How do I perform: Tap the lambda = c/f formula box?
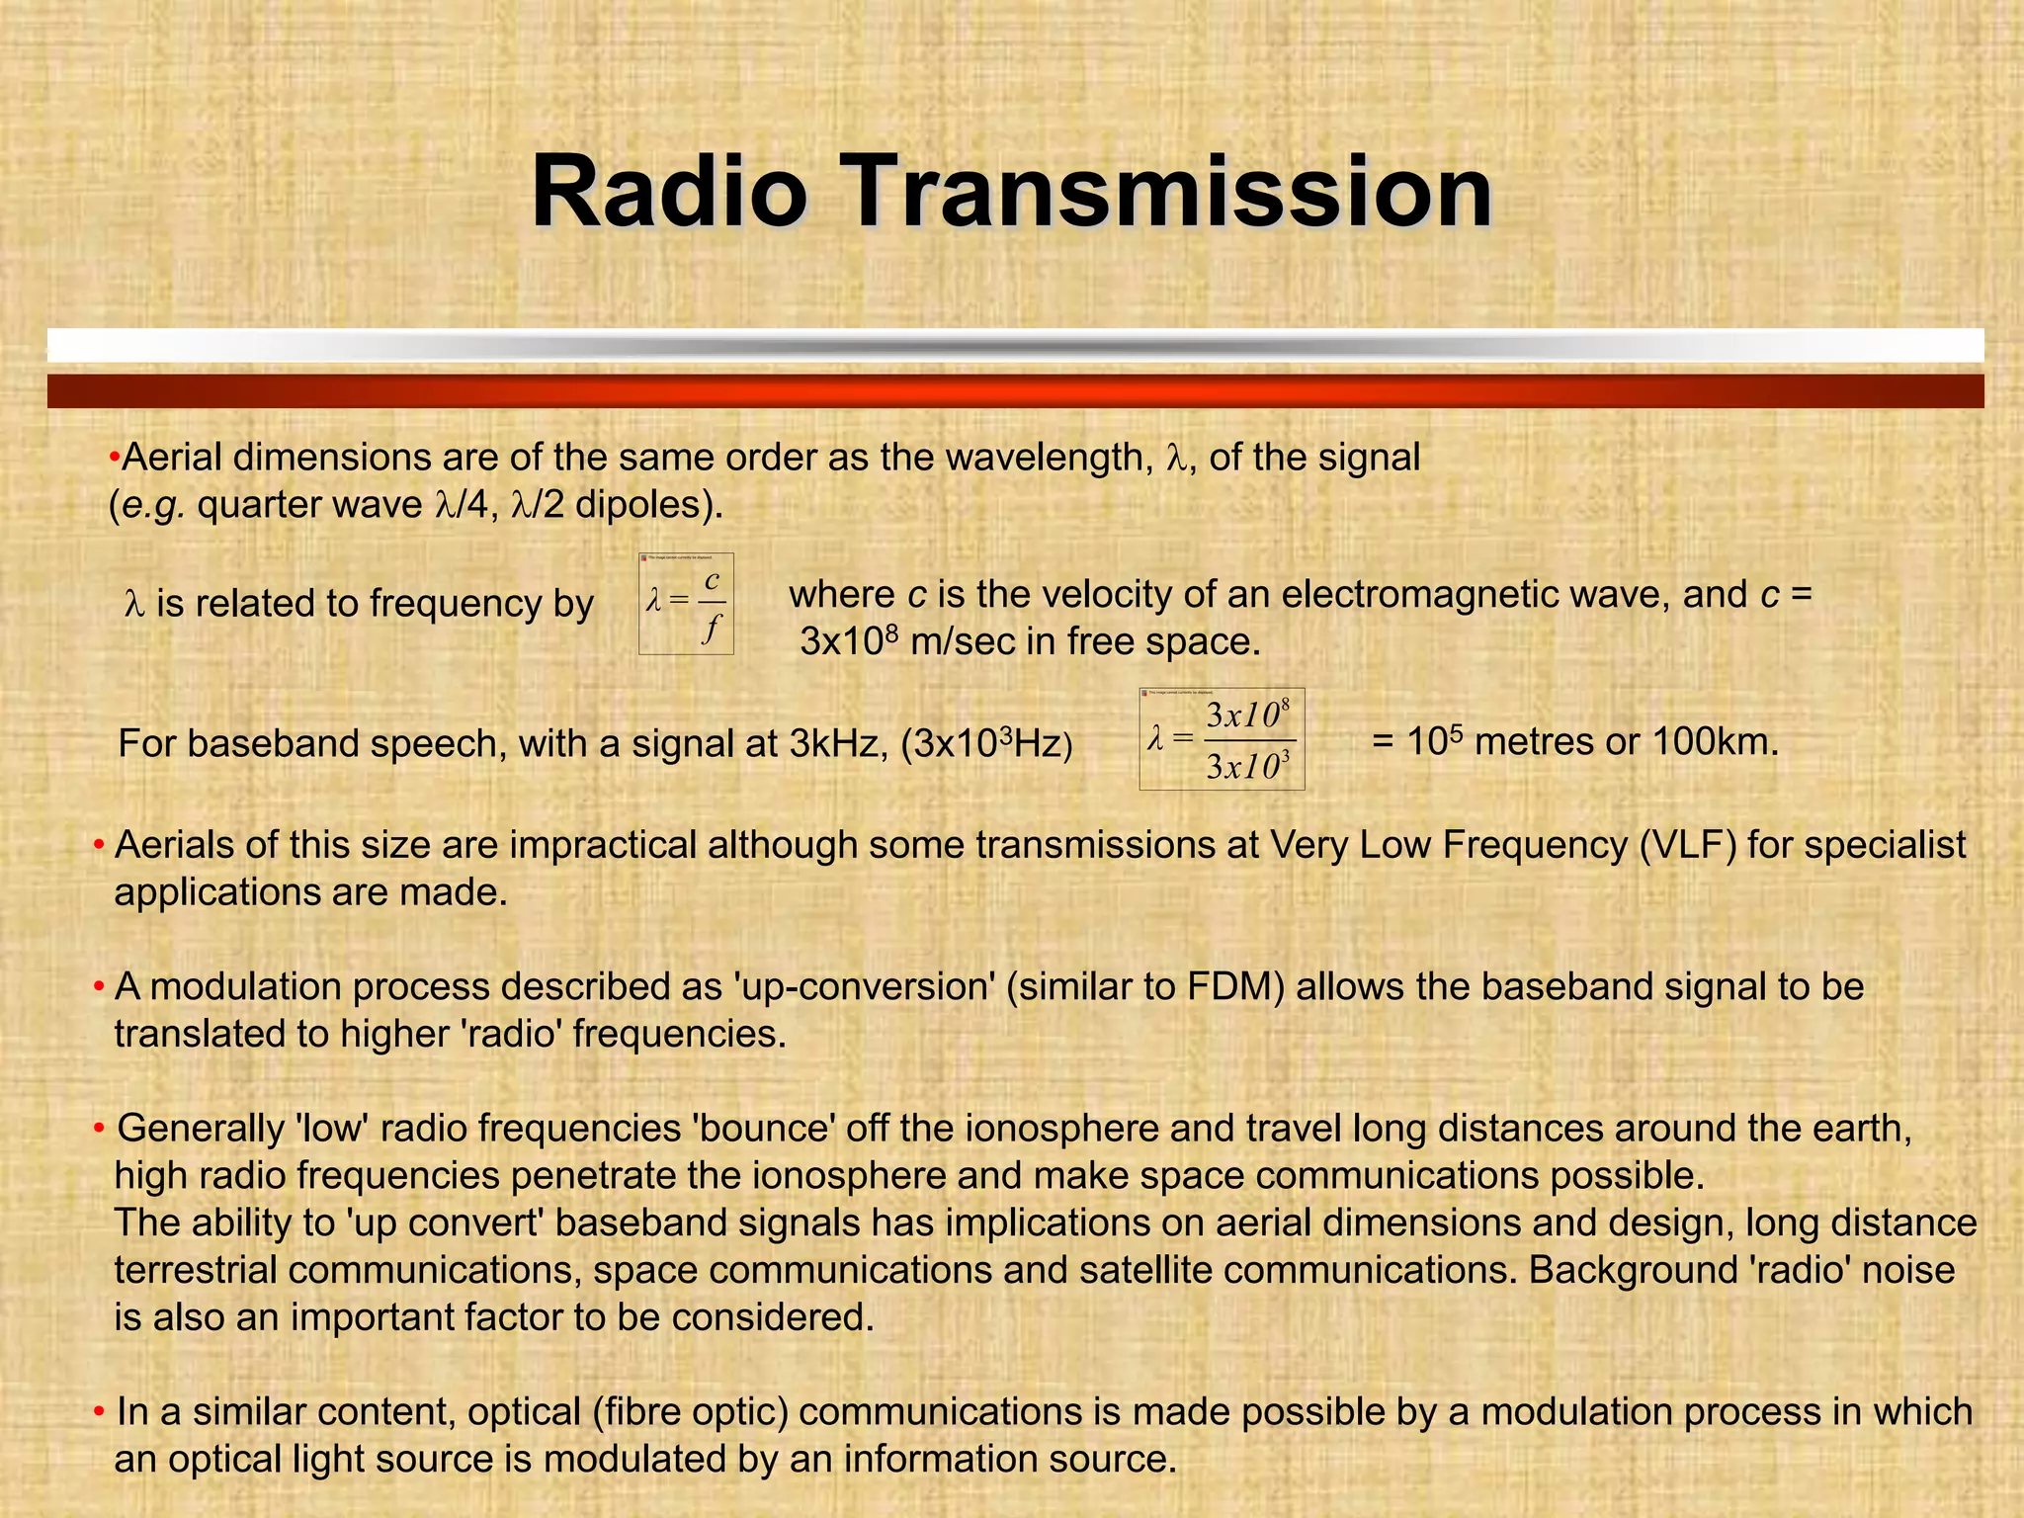click(x=686, y=604)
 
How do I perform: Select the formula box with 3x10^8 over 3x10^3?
click(x=1222, y=739)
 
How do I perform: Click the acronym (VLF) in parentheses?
click(x=1687, y=846)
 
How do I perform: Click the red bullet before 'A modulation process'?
click(x=99, y=987)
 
